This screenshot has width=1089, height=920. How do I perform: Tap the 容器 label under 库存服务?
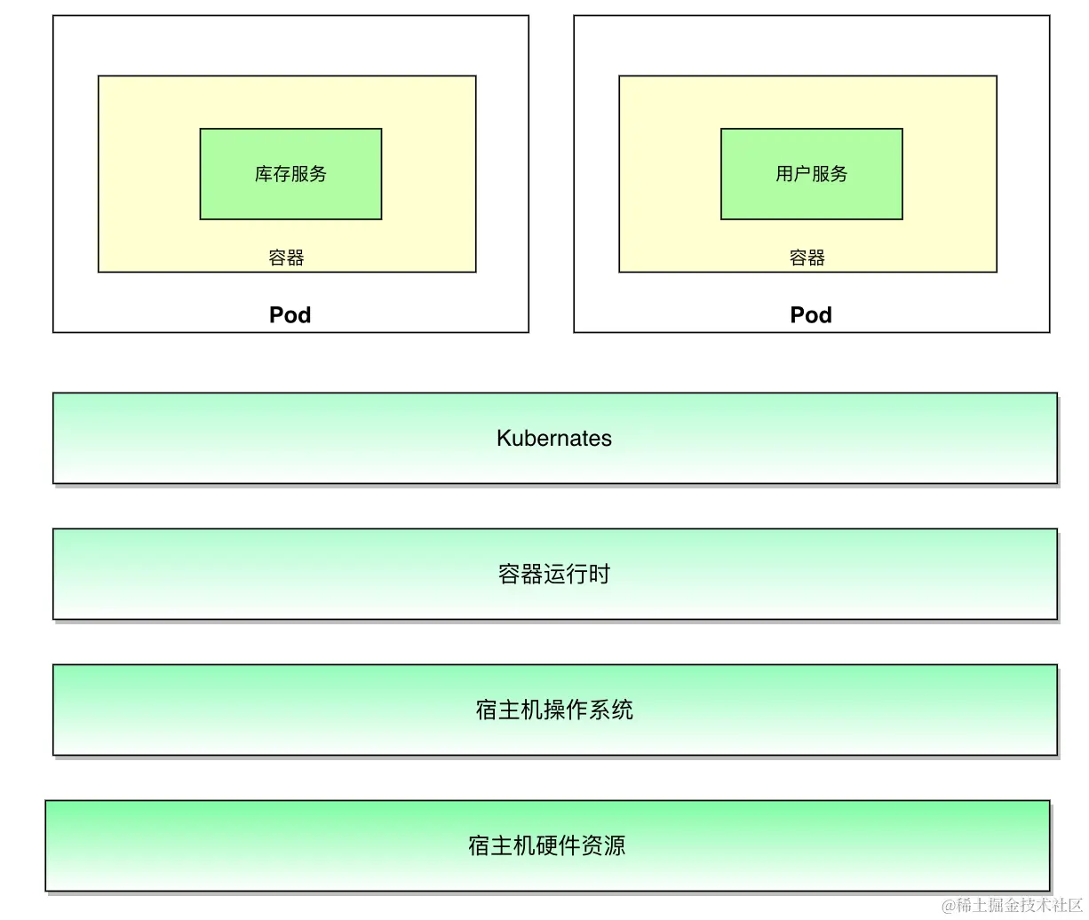click(286, 258)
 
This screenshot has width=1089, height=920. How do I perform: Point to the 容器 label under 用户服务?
click(807, 258)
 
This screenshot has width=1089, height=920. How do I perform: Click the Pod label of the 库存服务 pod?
click(290, 315)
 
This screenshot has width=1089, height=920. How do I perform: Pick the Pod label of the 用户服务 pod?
click(811, 315)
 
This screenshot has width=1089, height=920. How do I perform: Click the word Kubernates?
click(554, 438)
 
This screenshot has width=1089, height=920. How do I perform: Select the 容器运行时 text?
click(554, 574)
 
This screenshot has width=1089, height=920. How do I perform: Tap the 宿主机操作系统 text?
click(554, 710)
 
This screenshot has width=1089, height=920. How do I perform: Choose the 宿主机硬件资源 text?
click(547, 845)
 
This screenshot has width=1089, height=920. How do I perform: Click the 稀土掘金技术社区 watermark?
click(1020, 905)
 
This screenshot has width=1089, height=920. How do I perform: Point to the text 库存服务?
click(290, 174)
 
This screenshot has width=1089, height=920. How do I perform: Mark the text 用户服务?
click(811, 174)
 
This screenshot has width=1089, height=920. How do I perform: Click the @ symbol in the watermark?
click(949, 906)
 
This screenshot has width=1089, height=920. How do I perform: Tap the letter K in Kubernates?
click(504, 438)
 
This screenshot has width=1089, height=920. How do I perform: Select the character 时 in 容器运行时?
click(600, 574)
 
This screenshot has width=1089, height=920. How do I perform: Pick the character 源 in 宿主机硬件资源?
click(615, 845)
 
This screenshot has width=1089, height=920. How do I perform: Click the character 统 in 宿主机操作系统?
click(623, 710)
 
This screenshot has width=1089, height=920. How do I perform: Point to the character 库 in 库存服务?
click(264, 174)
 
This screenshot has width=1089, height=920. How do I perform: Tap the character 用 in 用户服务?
click(784, 174)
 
